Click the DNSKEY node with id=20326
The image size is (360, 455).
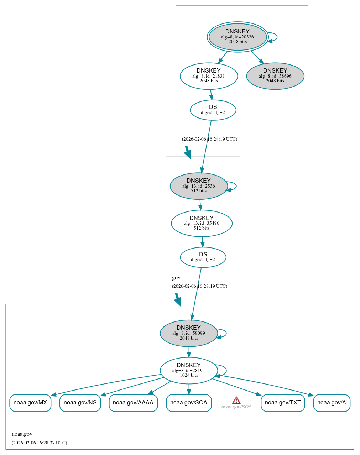[238, 37]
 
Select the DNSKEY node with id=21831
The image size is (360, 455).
[209, 76]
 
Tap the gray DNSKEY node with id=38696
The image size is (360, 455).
[275, 76]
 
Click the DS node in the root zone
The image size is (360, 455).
[213, 110]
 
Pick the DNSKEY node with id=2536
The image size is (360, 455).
[199, 186]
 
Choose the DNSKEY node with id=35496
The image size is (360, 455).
[202, 223]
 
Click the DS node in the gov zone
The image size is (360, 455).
[203, 257]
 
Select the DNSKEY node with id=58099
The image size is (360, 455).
[189, 333]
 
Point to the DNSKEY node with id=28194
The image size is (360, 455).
[189, 371]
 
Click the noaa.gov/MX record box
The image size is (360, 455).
[30, 403]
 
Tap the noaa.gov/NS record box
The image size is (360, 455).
[80, 403]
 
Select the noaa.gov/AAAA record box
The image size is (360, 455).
[133, 403]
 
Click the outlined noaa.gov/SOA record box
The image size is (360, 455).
[189, 403]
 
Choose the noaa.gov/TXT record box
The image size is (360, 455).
[283, 403]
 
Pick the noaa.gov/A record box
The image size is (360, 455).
[332, 403]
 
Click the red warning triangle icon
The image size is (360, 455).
[236, 400]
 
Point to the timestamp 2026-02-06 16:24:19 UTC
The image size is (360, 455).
[209, 139]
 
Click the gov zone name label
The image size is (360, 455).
[176, 278]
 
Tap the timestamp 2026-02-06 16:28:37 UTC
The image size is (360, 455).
[39, 443]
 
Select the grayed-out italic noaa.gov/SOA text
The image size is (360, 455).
[236, 407]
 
